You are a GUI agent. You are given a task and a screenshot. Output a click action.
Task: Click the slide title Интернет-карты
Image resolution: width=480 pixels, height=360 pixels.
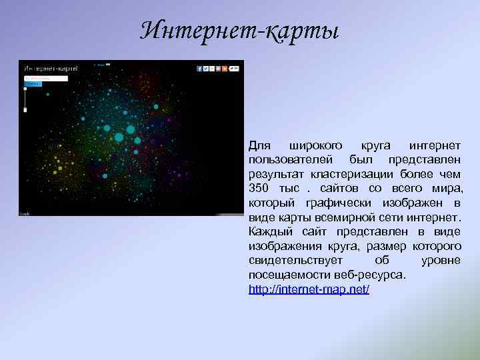point(241,30)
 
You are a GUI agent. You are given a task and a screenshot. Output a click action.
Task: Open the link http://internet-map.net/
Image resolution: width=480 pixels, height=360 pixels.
point(309,291)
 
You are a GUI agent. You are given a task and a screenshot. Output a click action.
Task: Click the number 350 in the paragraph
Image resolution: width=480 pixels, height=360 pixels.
point(260,189)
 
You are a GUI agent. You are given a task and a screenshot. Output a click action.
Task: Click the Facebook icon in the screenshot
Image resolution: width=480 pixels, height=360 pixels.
point(199,68)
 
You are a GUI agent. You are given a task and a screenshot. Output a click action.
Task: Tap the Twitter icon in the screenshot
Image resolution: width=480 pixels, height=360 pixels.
point(207,68)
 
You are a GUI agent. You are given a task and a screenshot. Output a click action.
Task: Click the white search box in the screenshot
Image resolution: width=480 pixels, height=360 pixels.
point(45,78)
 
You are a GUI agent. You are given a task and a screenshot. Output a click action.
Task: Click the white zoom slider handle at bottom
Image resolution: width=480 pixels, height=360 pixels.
point(25,109)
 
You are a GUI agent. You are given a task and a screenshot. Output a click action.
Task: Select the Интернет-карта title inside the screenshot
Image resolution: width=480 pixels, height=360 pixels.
point(51,68)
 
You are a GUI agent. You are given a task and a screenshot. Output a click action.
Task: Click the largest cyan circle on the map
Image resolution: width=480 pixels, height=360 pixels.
point(119,137)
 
